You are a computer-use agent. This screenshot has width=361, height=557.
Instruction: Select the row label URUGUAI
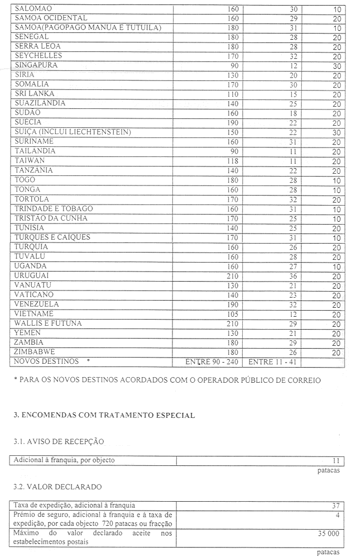(32, 276)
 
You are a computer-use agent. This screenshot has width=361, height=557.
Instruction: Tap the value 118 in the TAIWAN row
(233, 161)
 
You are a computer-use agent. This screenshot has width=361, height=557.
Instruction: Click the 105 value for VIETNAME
(233, 314)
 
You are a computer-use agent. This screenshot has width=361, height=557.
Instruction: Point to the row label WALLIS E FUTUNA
(49, 323)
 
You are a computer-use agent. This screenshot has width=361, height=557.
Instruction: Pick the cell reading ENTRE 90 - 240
(212, 362)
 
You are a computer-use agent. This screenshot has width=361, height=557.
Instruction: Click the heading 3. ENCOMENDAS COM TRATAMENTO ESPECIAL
(104, 415)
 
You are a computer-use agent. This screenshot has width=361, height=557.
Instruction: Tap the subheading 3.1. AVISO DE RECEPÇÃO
(59, 441)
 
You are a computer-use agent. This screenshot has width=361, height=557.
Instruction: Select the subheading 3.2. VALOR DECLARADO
(57, 487)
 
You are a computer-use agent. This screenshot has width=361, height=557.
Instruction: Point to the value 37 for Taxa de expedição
(336, 506)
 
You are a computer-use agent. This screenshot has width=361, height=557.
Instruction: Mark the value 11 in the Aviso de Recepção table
(336, 461)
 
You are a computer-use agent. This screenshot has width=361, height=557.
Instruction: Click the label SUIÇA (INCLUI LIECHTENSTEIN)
(73, 132)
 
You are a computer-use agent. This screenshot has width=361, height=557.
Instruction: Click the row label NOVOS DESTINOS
(47, 361)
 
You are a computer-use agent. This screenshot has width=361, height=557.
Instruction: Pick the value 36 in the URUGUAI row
(293, 276)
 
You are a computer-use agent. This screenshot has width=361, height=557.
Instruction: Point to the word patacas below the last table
(328, 553)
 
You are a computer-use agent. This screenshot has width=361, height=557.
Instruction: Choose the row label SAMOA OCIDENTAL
(51, 18)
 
